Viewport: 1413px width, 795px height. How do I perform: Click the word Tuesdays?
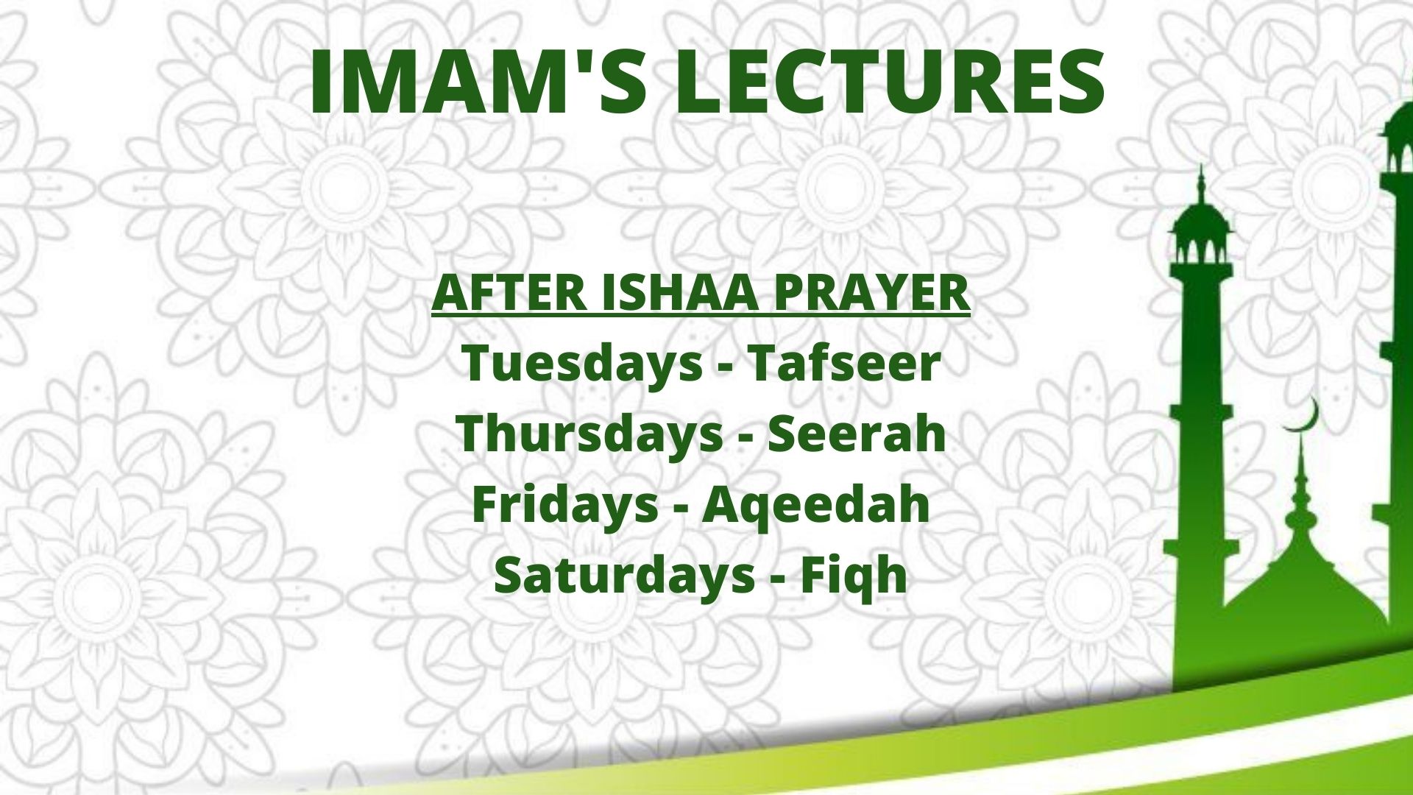582,364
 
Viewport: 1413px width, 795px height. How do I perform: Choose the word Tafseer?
844,363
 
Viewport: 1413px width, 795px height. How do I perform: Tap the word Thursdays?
589,434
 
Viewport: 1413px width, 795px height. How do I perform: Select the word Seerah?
857,434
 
